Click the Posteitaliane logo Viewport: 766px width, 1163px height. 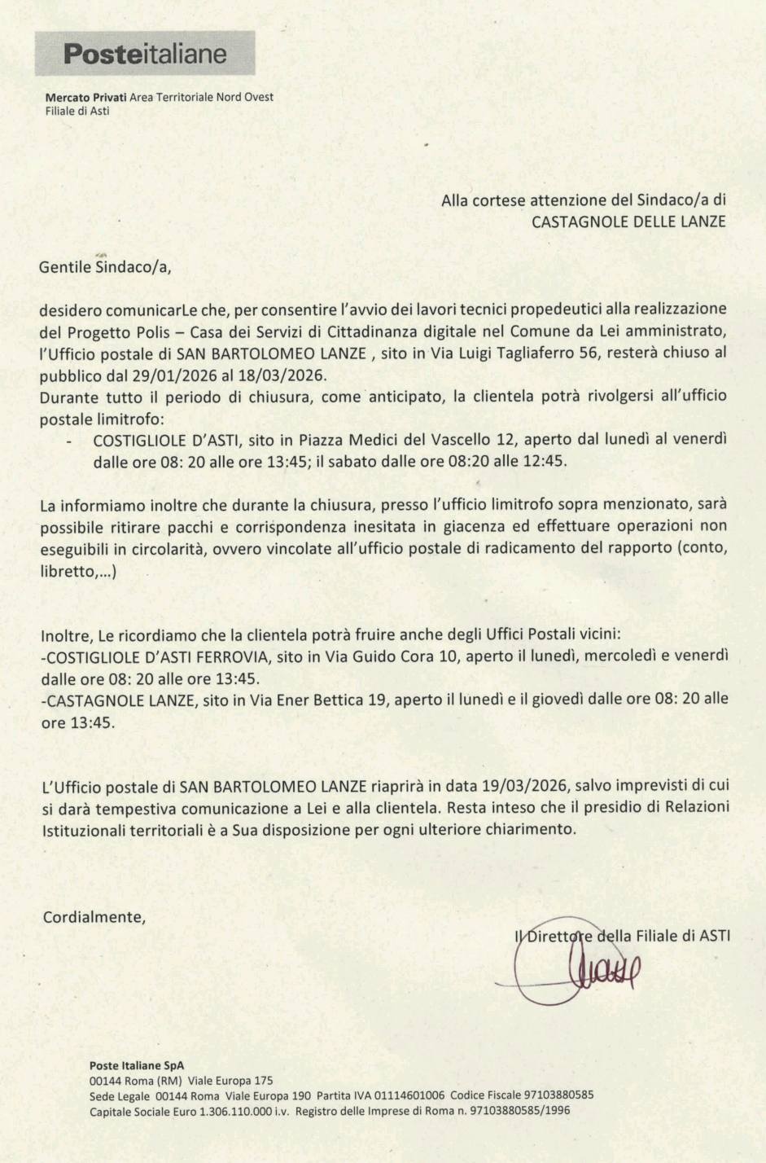pyautogui.click(x=145, y=54)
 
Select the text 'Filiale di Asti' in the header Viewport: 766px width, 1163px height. pyautogui.click(x=77, y=111)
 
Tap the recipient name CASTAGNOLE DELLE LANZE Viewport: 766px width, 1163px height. pyautogui.click(x=628, y=221)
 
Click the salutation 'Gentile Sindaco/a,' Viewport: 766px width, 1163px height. pyautogui.click(x=106, y=266)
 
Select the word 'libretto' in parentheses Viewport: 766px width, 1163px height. pyautogui.click(x=67, y=571)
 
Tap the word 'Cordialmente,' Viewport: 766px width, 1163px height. pyautogui.click(x=94, y=916)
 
